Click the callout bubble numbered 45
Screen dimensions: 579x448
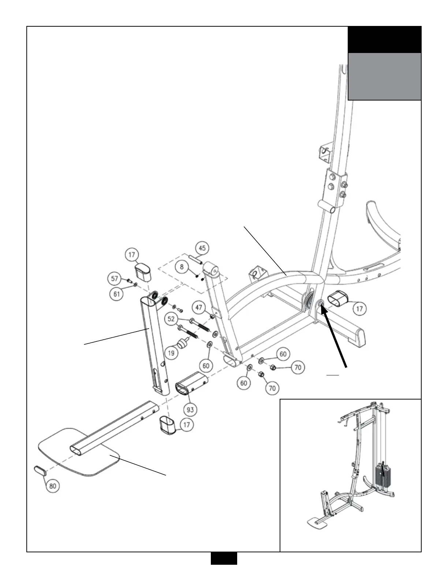[202, 248]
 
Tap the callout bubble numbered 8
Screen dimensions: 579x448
[182, 266]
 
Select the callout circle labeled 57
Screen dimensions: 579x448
[115, 279]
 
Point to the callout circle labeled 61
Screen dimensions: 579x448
[117, 295]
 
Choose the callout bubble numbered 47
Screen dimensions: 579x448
[199, 307]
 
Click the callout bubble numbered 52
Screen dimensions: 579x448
[171, 319]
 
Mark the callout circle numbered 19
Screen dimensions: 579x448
[171, 353]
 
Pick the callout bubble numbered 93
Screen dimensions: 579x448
[190, 409]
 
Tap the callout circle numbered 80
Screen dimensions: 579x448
[53, 486]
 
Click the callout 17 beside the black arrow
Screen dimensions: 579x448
[359, 309]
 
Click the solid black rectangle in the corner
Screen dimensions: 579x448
[384, 39]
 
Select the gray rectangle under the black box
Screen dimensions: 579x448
[384, 76]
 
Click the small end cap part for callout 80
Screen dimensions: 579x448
[39, 470]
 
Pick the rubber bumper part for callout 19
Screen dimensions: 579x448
[182, 344]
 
